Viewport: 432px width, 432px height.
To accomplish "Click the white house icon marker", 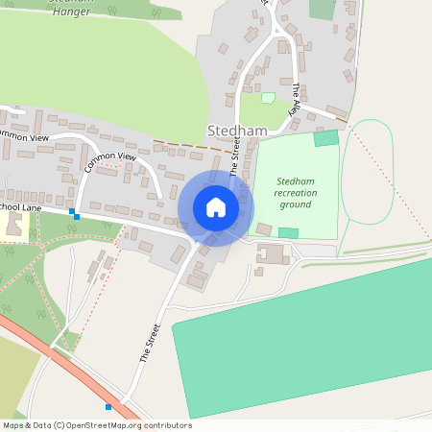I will click(216, 207).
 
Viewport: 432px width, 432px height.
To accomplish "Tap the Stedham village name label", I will click(231, 130).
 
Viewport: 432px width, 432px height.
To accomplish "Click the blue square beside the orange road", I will click(108, 407).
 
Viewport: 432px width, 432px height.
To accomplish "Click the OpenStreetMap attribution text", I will click(97, 424).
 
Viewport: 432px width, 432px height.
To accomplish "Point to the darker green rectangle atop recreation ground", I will click(326, 138).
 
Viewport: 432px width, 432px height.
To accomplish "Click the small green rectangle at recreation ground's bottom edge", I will click(288, 232).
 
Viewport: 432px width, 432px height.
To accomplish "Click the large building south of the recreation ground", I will click(271, 254).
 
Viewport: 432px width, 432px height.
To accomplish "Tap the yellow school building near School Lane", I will click(13, 224).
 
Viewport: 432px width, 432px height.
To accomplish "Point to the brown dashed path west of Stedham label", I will click(192, 147).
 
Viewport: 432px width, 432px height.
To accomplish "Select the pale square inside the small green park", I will click(268, 97).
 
